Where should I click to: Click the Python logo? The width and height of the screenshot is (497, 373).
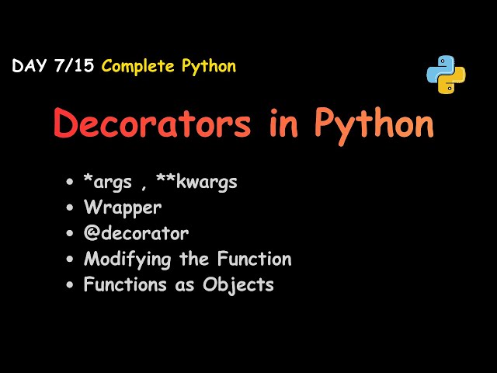(446, 75)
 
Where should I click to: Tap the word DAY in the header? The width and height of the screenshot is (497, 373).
(29, 66)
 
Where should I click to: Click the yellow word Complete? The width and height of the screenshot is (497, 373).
(139, 66)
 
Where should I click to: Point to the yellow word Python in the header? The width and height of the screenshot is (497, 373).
(208, 66)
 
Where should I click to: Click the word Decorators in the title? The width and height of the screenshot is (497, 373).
(152, 124)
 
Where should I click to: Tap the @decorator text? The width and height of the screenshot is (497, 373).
(136, 233)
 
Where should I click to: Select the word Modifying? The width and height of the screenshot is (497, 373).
(124, 260)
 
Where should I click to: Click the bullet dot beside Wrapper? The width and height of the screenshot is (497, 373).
(71, 208)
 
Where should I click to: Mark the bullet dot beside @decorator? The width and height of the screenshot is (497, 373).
(71, 234)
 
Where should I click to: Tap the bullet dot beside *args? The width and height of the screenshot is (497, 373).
(71, 183)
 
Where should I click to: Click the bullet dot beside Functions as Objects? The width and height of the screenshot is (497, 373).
(71, 284)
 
